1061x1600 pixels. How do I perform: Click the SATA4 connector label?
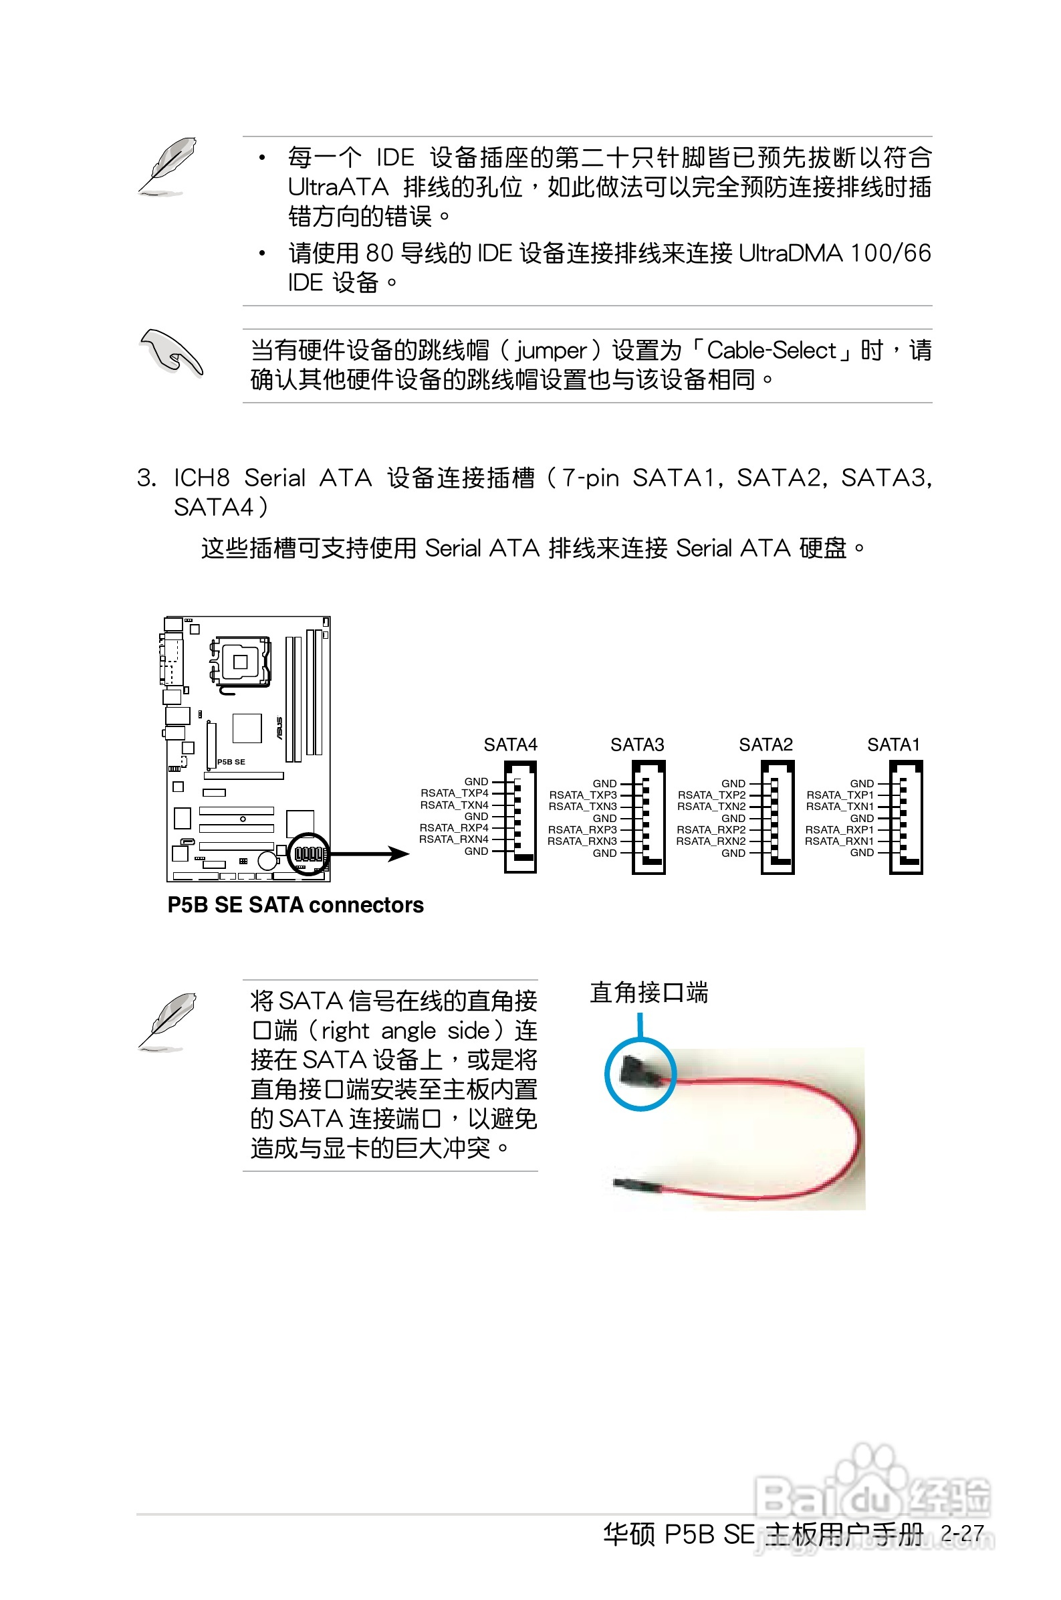pyautogui.click(x=510, y=744)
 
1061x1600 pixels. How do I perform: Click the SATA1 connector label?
pyautogui.click(x=893, y=744)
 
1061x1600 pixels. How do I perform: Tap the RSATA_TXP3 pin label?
pyautogui.click(x=582, y=795)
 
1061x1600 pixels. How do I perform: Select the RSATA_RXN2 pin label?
pyautogui.click(x=711, y=841)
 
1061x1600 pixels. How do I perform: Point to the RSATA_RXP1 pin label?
pyautogui.click(x=839, y=829)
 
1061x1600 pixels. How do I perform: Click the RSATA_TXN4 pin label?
pyautogui.click(x=454, y=805)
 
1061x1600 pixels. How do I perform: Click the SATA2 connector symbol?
pyautogui.click(x=777, y=817)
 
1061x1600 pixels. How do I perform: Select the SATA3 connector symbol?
pyautogui.click(x=649, y=817)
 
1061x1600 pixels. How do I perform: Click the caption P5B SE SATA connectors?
pyautogui.click(x=295, y=905)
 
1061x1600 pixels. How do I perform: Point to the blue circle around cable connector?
pyautogui.click(x=639, y=1074)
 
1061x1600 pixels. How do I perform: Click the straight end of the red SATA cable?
pyautogui.click(x=636, y=1184)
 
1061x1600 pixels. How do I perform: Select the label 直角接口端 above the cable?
pyautogui.click(x=649, y=993)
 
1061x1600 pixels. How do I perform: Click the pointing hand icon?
pyautogui.click(x=170, y=352)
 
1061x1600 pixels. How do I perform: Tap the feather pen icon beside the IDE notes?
pyautogui.click(x=168, y=166)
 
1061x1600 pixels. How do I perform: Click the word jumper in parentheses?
pyautogui.click(x=551, y=351)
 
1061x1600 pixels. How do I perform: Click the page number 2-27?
pyautogui.click(x=961, y=1532)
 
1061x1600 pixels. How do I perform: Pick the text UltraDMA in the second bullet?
pyautogui.click(x=790, y=253)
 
